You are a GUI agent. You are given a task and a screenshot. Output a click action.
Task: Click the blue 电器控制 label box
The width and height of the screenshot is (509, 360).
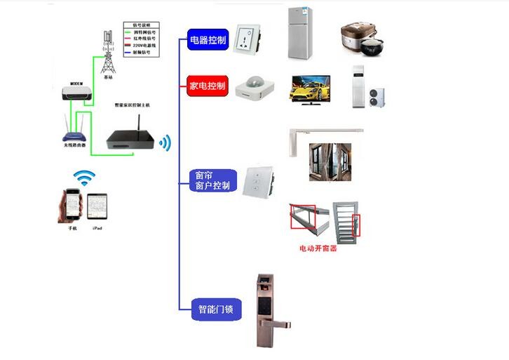click(x=208, y=40)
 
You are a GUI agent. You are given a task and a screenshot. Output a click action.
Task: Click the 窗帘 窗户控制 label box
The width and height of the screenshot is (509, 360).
click(x=210, y=180)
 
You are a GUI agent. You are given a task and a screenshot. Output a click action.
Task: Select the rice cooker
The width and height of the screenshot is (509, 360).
click(x=365, y=38)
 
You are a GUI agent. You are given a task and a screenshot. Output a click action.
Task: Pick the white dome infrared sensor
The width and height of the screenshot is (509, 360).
click(x=254, y=87)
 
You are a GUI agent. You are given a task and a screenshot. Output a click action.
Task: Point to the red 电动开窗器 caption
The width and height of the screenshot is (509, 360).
click(x=318, y=248)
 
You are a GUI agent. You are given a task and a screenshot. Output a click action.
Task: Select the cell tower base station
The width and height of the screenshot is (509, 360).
click(x=107, y=53)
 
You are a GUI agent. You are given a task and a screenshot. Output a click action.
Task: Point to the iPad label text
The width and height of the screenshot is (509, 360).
click(x=97, y=229)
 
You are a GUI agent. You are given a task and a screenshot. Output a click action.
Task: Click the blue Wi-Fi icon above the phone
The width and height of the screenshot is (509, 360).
click(x=84, y=178)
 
